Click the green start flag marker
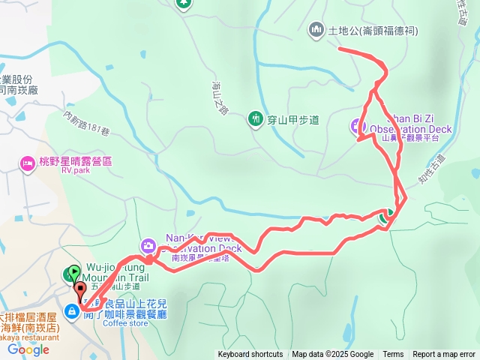tap(73, 273)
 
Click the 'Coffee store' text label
tap(124, 324)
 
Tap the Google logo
tap(28, 349)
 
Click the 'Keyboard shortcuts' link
tap(250, 355)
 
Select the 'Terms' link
tap(393, 355)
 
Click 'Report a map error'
tap(444, 355)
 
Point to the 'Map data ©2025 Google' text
tap(333, 355)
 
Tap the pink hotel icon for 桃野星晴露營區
tap(28, 163)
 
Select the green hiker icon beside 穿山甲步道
tap(256, 118)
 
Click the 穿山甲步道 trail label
tap(293, 119)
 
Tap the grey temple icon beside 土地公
tap(316, 30)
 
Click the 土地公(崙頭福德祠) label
tap(373, 31)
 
